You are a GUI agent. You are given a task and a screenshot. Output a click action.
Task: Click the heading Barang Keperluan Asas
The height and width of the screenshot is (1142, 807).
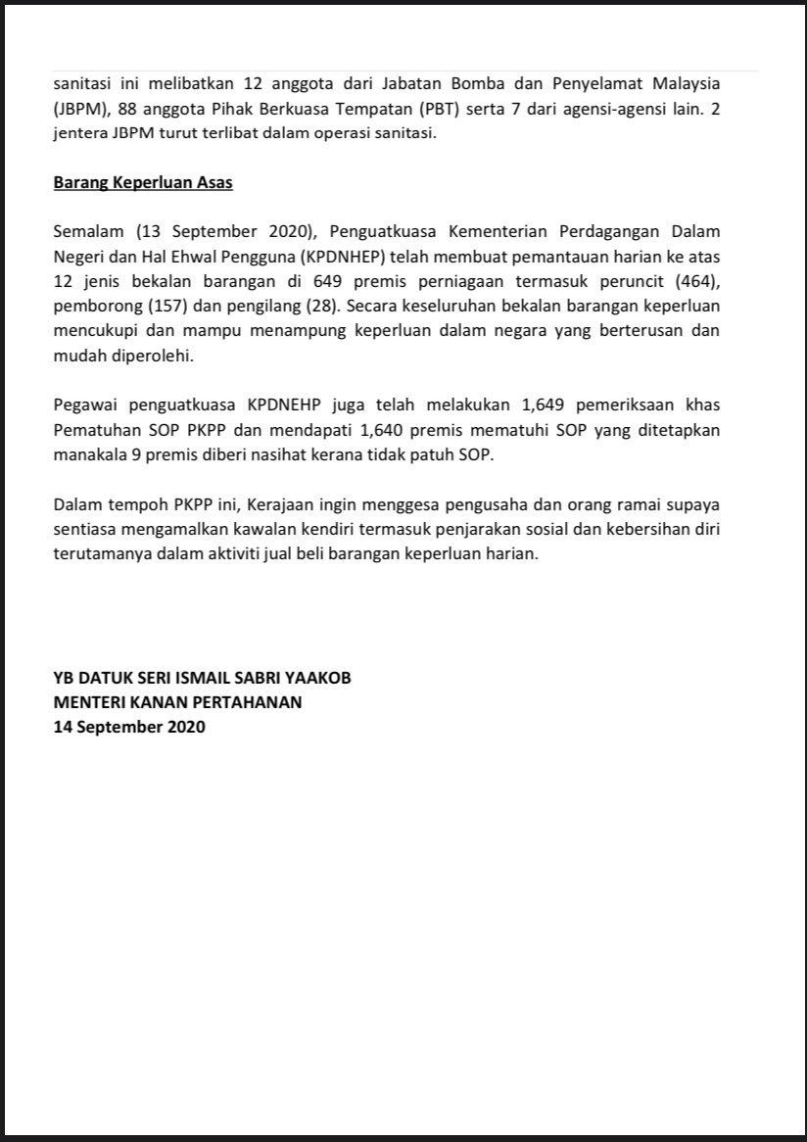(143, 183)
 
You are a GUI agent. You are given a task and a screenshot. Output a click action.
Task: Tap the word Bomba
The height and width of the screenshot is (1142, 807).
(473, 84)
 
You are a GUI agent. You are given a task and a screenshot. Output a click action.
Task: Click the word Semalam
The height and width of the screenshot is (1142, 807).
(89, 232)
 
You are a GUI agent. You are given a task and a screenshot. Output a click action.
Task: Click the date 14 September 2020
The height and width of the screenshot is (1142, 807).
(129, 728)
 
